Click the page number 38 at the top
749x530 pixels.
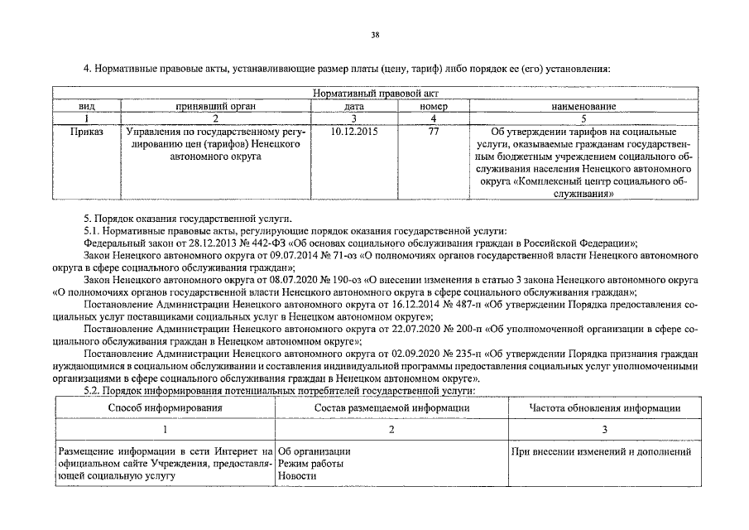(375, 35)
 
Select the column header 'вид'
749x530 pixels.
(87, 107)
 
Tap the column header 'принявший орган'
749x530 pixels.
(215, 107)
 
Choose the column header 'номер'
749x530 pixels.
(434, 107)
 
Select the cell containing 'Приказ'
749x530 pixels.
(87, 132)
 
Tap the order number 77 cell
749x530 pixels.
(434, 132)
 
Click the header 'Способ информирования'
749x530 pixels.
(165, 408)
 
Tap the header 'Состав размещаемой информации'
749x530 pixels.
(391, 408)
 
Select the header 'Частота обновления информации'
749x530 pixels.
(605, 408)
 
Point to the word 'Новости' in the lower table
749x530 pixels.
(295, 476)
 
